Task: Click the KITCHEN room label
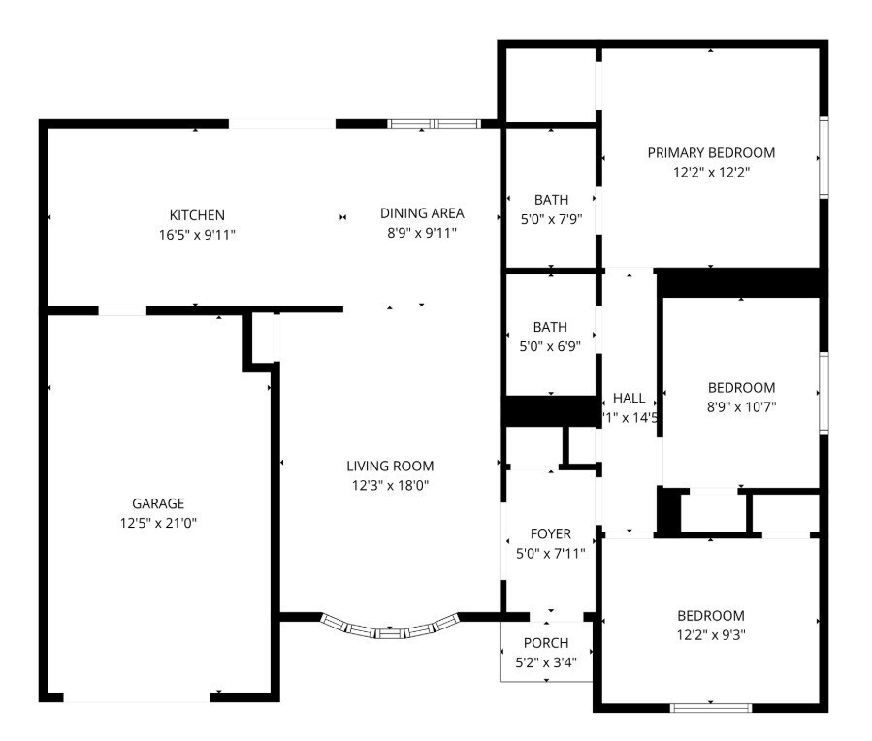(197, 214)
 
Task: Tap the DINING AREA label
(421, 213)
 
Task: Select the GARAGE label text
(158, 503)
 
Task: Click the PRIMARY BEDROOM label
(711, 152)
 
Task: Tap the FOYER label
(550, 533)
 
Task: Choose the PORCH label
(546, 643)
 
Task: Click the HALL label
(629, 398)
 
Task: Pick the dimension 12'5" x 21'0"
(158, 523)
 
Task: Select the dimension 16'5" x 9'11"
(197, 234)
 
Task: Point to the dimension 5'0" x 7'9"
(550, 219)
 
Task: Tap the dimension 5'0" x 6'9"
(550, 346)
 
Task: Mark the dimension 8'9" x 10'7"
(741, 406)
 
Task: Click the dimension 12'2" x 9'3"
(710, 635)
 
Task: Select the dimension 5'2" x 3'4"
(546, 662)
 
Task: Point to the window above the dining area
(434, 124)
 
